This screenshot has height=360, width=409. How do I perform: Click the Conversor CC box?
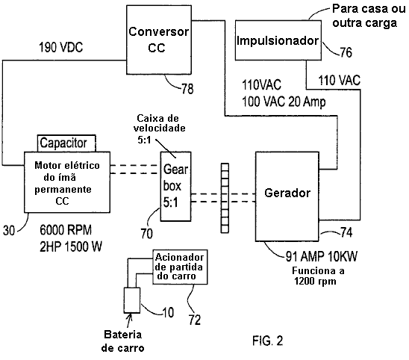click(x=159, y=40)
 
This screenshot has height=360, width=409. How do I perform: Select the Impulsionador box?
click(x=278, y=40)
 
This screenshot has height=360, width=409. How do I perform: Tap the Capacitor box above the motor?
click(x=66, y=143)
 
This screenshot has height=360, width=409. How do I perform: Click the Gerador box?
click(x=287, y=196)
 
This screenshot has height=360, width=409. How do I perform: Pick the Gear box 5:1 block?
click(x=175, y=187)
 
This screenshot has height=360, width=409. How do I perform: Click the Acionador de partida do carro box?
click(x=180, y=267)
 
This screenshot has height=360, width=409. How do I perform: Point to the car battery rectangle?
click(x=132, y=300)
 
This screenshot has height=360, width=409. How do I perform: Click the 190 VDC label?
click(x=60, y=48)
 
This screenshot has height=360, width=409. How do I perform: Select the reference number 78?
click(x=188, y=89)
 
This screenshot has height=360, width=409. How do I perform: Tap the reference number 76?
click(x=346, y=52)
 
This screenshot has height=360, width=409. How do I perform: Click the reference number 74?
click(x=346, y=232)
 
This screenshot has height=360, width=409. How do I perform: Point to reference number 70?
click(x=147, y=233)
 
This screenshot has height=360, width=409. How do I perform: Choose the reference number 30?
click(x=9, y=231)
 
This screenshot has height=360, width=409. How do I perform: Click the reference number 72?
click(x=195, y=320)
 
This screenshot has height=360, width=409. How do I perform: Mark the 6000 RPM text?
click(x=66, y=230)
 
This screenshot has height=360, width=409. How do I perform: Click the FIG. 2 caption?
click(x=268, y=341)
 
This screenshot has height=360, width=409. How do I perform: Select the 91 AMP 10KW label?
click(x=322, y=256)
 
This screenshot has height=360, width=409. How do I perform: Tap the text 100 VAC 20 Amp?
click(x=284, y=102)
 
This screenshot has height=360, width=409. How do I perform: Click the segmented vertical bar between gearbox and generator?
click(x=225, y=198)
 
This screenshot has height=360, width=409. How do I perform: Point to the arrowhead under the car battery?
click(x=130, y=316)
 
